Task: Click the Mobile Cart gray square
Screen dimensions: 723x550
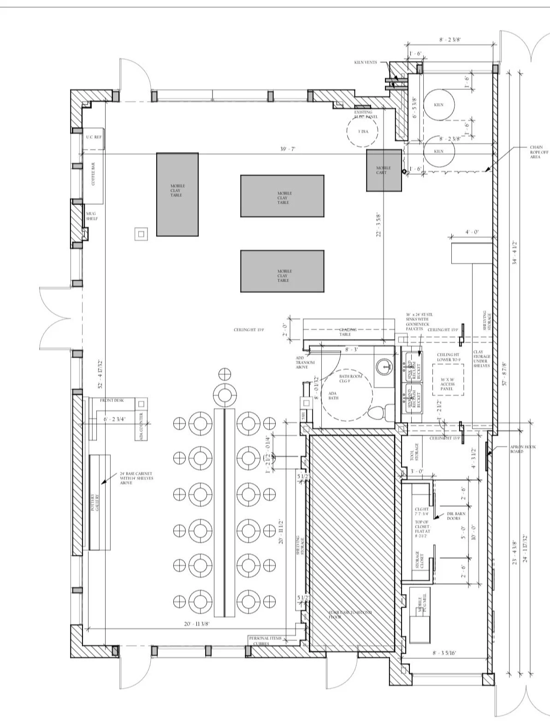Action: point(384,170)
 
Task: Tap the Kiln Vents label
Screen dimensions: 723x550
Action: point(366,62)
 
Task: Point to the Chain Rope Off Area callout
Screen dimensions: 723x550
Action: point(539,152)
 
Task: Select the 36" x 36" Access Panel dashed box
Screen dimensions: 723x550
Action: point(448,379)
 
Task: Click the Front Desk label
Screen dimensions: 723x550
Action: point(112,400)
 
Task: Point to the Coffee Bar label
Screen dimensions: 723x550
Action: point(93,174)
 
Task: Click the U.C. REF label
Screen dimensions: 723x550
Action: point(94,137)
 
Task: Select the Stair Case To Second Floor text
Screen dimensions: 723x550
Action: point(350,614)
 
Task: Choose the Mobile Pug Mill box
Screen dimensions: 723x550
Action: point(420,610)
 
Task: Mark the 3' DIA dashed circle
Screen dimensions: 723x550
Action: point(362,131)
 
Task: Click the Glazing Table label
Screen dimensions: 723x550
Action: point(349,332)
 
